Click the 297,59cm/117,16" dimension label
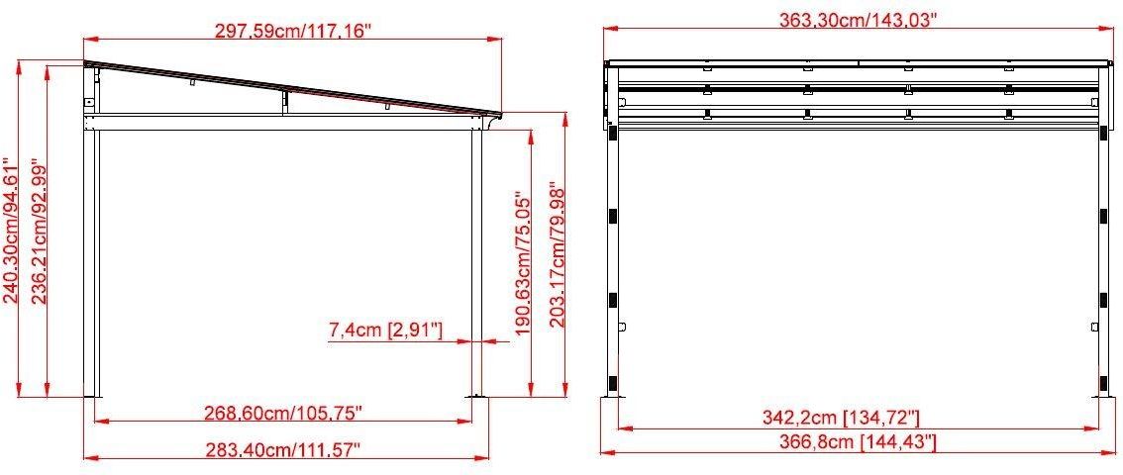pyautogui.click(x=294, y=30)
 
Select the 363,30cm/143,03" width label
pyautogui.click(x=859, y=20)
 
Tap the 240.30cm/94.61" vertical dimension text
pyautogui.click(x=12, y=231)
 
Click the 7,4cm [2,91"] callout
pyautogui.click(x=385, y=331)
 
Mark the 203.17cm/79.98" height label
pyautogui.click(x=558, y=254)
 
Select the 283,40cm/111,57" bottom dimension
pyautogui.click(x=283, y=450)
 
